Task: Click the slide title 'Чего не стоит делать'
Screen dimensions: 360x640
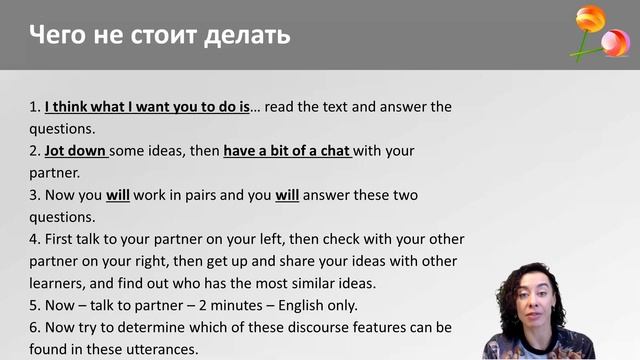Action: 160,36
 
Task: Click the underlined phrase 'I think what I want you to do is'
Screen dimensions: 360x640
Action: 147,106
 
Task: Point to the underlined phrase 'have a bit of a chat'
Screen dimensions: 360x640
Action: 287,151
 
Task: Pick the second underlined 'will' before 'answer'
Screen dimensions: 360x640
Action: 287,195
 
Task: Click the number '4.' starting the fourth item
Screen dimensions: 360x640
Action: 35,239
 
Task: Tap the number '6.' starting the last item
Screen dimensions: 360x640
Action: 35,328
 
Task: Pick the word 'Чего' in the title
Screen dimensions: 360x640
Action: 55,36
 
